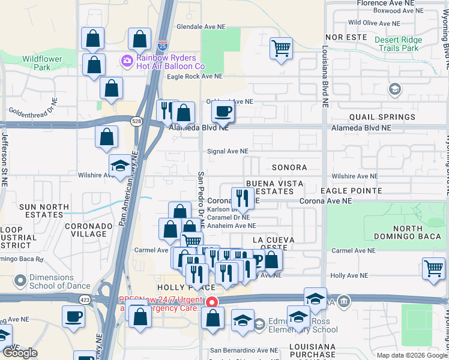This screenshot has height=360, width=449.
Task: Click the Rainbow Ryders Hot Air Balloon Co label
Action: coord(171,62)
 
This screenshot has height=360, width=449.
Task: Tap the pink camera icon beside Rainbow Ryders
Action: coord(127,59)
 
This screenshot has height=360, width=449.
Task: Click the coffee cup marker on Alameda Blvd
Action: coord(223,112)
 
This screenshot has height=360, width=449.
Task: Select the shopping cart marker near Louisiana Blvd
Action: coord(280,49)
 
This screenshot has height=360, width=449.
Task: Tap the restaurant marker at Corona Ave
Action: coord(242,197)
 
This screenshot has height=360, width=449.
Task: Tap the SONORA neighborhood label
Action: coord(289,168)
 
